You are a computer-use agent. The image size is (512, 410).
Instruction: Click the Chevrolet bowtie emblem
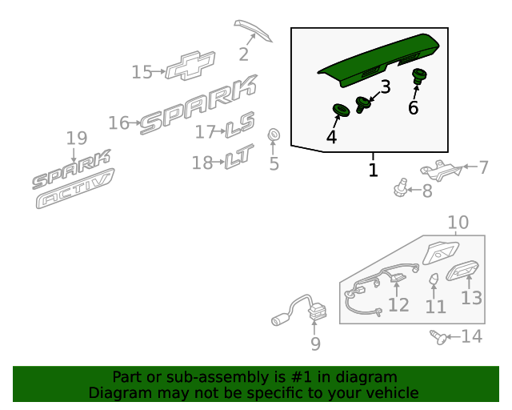(x=190, y=66)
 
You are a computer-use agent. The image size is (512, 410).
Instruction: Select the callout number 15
(x=142, y=72)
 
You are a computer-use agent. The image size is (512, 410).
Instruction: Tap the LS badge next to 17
(x=240, y=125)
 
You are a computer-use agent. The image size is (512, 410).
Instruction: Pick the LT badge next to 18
(x=239, y=157)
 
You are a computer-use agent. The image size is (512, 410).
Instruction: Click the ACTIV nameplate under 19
(x=75, y=189)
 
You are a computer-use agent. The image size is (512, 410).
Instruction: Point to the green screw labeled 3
(x=362, y=105)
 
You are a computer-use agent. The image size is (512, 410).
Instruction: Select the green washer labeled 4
(x=341, y=110)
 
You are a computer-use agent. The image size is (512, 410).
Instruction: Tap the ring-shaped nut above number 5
(x=274, y=135)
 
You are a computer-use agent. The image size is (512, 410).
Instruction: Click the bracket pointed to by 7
(x=441, y=170)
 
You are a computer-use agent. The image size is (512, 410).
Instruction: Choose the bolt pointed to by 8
(x=401, y=187)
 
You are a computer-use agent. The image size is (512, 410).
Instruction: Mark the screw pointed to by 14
(x=438, y=337)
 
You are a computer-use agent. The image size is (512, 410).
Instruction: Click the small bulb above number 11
(x=434, y=279)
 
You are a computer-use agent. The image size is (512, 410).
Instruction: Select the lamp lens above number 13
(x=462, y=270)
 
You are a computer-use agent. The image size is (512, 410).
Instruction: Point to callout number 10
(x=458, y=223)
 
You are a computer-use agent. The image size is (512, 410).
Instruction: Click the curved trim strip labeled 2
(x=253, y=30)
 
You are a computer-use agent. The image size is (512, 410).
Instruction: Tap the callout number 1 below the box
(x=373, y=170)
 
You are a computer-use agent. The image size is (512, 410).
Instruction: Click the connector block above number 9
(x=317, y=312)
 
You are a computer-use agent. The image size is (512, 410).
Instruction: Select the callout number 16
(x=119, y=123)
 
